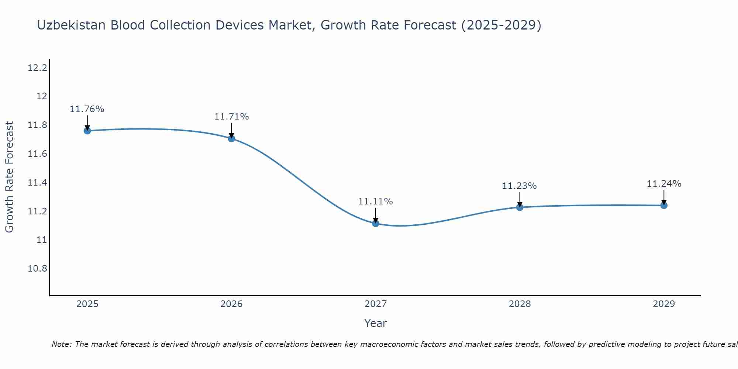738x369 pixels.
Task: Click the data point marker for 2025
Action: coord(87,131)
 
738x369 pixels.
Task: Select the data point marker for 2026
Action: coord(231,138)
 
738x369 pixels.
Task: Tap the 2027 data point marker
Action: coord(376,223)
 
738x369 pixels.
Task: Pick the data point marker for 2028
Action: coord(520,207)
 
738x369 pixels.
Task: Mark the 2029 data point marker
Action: coord(664,205)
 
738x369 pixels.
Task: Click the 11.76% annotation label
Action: coord(87,109)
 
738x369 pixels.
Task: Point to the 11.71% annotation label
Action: coord(231,117)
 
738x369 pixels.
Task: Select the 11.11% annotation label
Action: coord(376,201)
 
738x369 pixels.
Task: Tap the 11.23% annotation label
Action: coord(519,186)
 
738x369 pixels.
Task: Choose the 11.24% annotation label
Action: coord(664,184)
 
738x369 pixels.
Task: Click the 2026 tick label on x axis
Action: coord(231,304)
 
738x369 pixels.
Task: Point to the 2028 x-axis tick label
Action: coord(520,304)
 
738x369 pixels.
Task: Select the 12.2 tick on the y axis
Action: coord(37,68)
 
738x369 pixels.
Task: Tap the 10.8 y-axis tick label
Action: coord(37,269)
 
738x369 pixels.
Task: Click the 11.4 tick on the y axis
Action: coord(37,183)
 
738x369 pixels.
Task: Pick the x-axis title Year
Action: coord(375,323)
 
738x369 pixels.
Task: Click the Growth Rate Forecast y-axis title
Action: coord(9,177)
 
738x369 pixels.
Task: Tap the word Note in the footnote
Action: coord(61,344)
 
